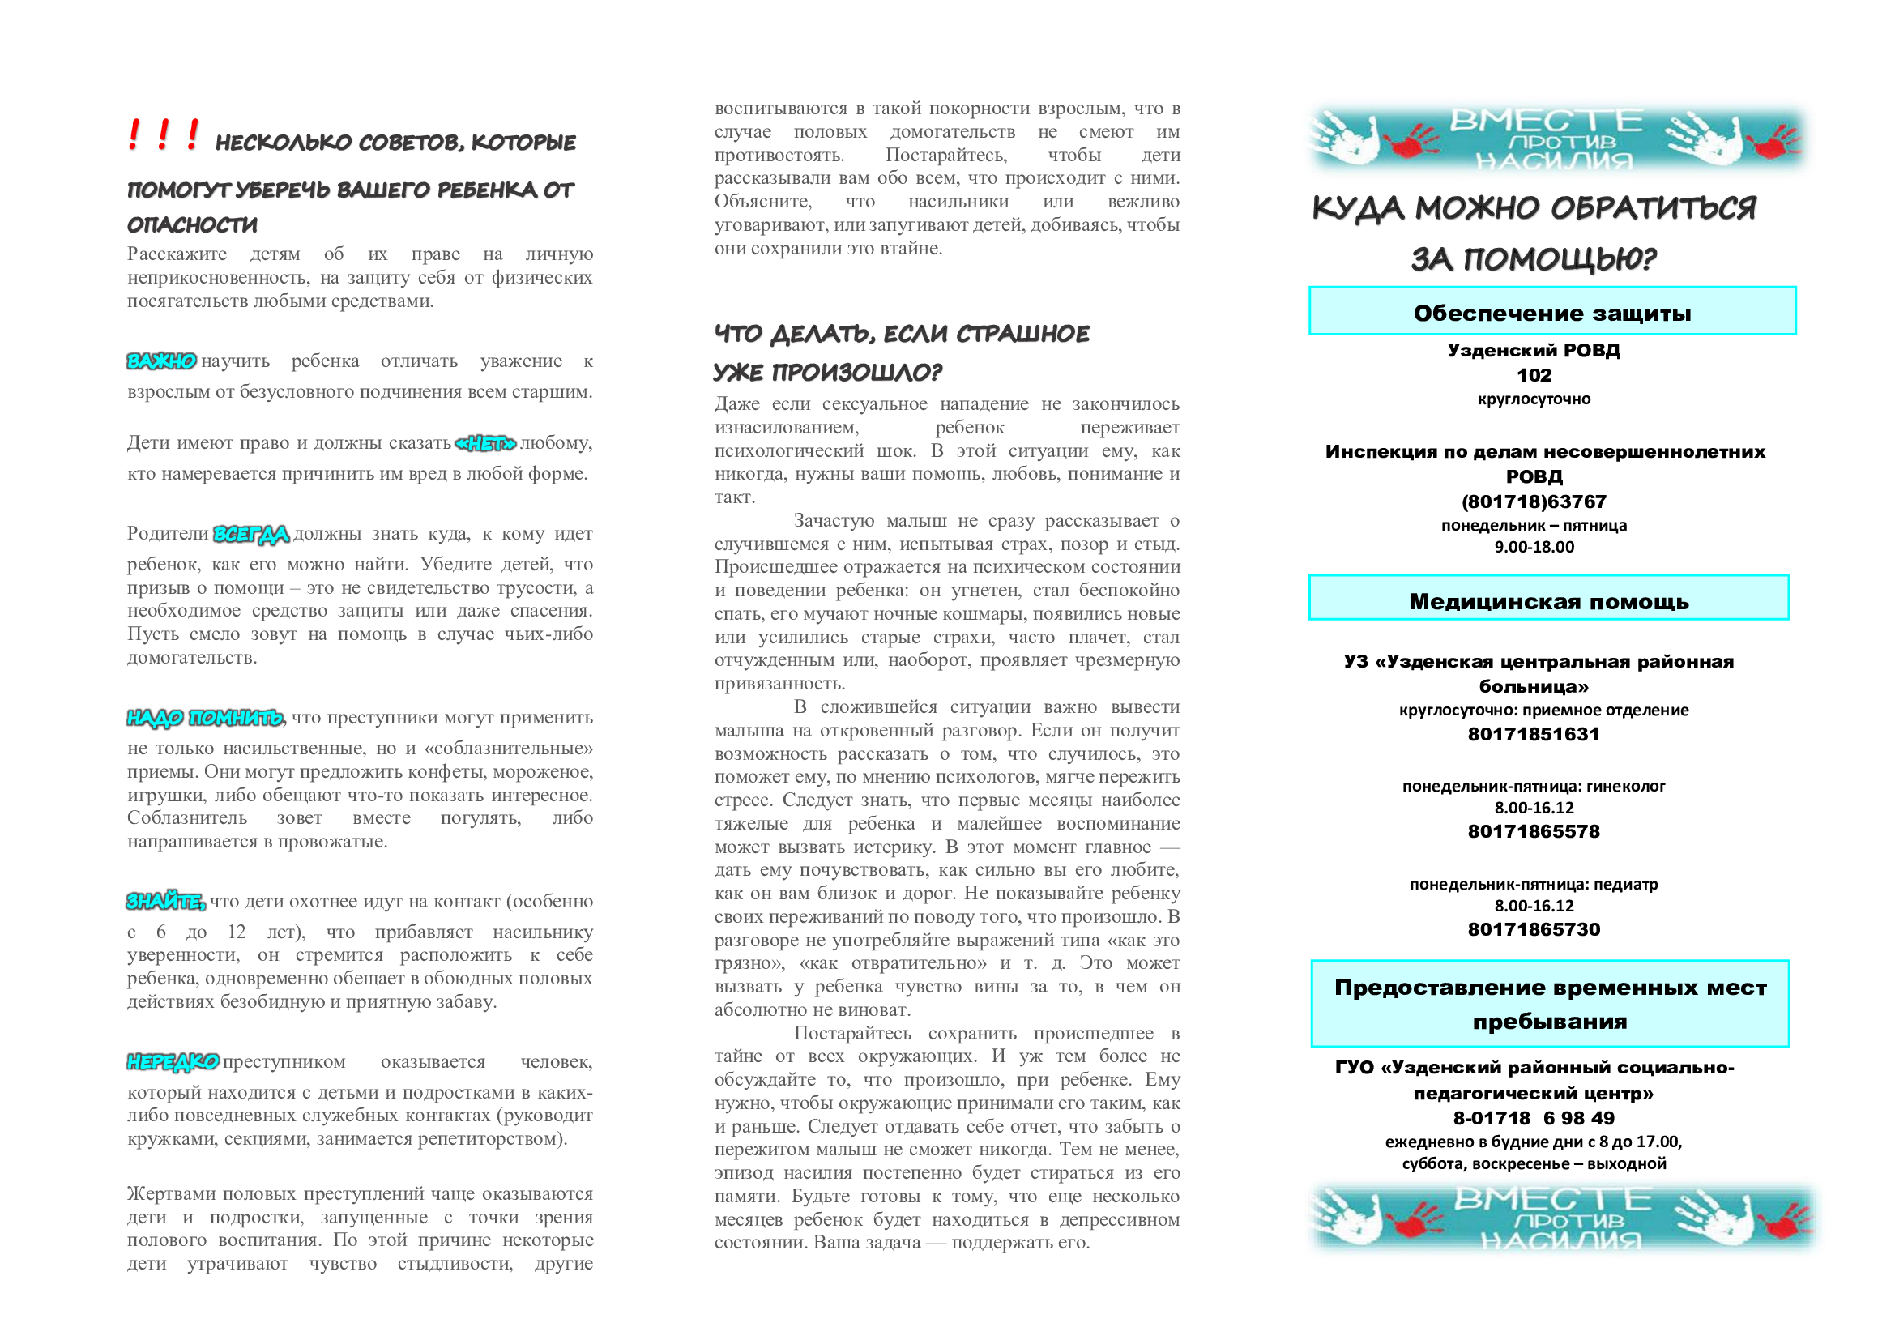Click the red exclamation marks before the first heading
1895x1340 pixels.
coord(164,134)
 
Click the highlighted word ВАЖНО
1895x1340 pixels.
coord(161,361)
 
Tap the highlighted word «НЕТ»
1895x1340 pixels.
coord(485,444)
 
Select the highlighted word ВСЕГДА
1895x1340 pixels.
coord(251,535)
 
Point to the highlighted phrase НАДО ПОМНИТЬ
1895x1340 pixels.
coord(205,718)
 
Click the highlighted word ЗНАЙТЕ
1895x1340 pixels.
coord(165,902)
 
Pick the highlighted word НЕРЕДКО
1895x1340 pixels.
coord(173,1062)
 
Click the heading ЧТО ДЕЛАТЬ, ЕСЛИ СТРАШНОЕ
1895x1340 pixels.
coord(901,334)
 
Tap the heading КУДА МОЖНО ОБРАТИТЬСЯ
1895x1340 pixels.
coord(1534,208)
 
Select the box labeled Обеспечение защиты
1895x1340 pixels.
coord(1551,312)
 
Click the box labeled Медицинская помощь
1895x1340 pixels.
coord(1548,599)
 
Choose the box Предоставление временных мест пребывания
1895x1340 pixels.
coord(1550,1003)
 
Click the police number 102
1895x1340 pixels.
coord(1534,375)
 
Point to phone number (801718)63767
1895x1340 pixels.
coord(1534,501)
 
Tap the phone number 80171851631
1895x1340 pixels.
coord(1534,734)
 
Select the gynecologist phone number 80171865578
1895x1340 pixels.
coord(1534,832)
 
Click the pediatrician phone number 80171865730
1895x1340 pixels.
coord(1534,930)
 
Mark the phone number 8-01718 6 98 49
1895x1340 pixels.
coord(1534,1119)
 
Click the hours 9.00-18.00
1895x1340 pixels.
coord(1534,547)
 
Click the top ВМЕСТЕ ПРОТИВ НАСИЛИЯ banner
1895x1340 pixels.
coord(1556,139)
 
